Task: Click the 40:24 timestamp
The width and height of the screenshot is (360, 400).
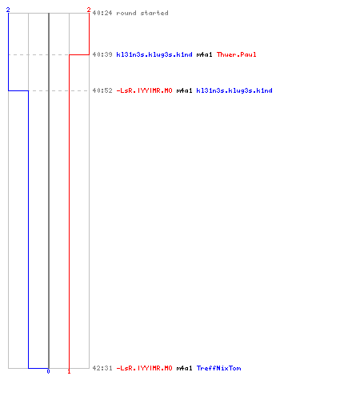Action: click(102, 13)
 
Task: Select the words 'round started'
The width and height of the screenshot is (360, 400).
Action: click(142, 13)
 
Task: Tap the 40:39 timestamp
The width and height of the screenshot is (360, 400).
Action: click(102, 54)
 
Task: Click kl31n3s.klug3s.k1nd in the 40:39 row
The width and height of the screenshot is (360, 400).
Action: click(154, 54)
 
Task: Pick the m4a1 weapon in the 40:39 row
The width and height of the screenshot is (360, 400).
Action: click(205, 54)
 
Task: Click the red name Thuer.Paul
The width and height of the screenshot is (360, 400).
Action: click(237, 54)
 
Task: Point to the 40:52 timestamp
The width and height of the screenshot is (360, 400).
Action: click(102, 90)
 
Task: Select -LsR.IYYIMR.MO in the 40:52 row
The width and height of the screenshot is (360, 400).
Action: click(144, 90)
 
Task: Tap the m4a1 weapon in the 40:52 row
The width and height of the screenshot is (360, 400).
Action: click(185, 90)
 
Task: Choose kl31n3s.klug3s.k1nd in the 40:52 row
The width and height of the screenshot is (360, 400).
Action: click(234, 90)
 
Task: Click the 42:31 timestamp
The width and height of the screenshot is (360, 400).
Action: click(102, 368)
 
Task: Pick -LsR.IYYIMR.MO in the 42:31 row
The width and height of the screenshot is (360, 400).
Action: click(144, 368)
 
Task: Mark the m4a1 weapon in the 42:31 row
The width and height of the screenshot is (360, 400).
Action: click(185, 368)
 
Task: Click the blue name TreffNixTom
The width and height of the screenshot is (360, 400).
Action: click(219, 368)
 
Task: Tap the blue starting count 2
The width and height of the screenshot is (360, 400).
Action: click(8, 10)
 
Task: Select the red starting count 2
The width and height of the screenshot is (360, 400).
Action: click(89, 10)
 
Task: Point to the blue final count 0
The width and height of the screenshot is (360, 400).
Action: click(48, 371)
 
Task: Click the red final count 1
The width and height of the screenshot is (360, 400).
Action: click(69, 371)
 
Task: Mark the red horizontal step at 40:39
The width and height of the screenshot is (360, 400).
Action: click(79, 54)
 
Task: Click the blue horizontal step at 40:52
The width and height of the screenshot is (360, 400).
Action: click(18, 90)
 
